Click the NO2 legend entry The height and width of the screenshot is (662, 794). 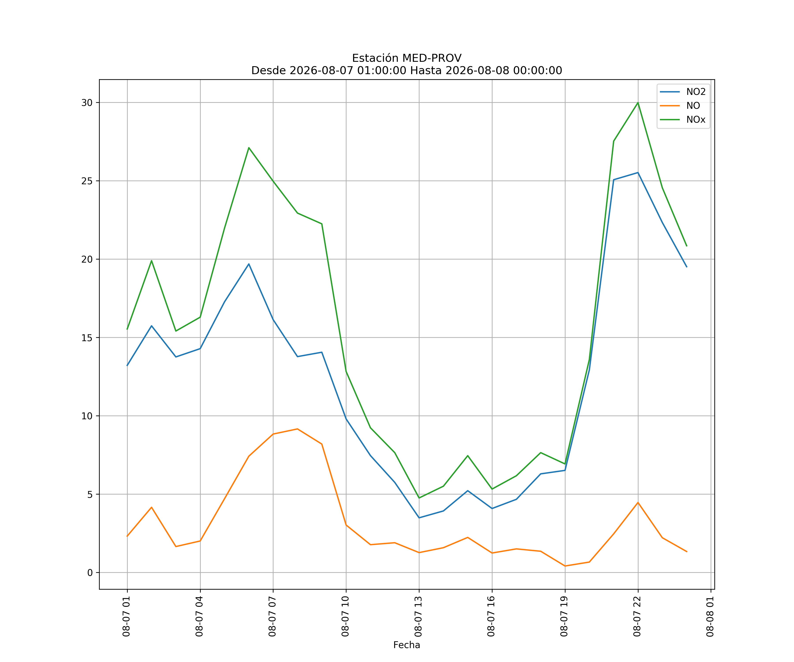tap(683, 92)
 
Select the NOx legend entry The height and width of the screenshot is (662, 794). tap(683, 120)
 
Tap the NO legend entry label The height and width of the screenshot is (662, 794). tap(693, 106)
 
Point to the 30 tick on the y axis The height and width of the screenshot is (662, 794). tap(87, 103)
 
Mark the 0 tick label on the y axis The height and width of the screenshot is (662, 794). tap(90, 573)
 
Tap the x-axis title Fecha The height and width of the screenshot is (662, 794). tap(406, 645)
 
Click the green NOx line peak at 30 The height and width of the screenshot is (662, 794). tap(638, 103)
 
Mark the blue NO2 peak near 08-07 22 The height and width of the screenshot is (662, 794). tap(638, 173)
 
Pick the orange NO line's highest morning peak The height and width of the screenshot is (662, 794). tap(298, 429)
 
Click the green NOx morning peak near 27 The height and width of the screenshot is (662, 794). tap(249, 148)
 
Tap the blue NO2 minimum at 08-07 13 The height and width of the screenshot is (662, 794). tap(419, 517)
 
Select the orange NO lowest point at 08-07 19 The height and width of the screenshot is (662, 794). tap(565, 566)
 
